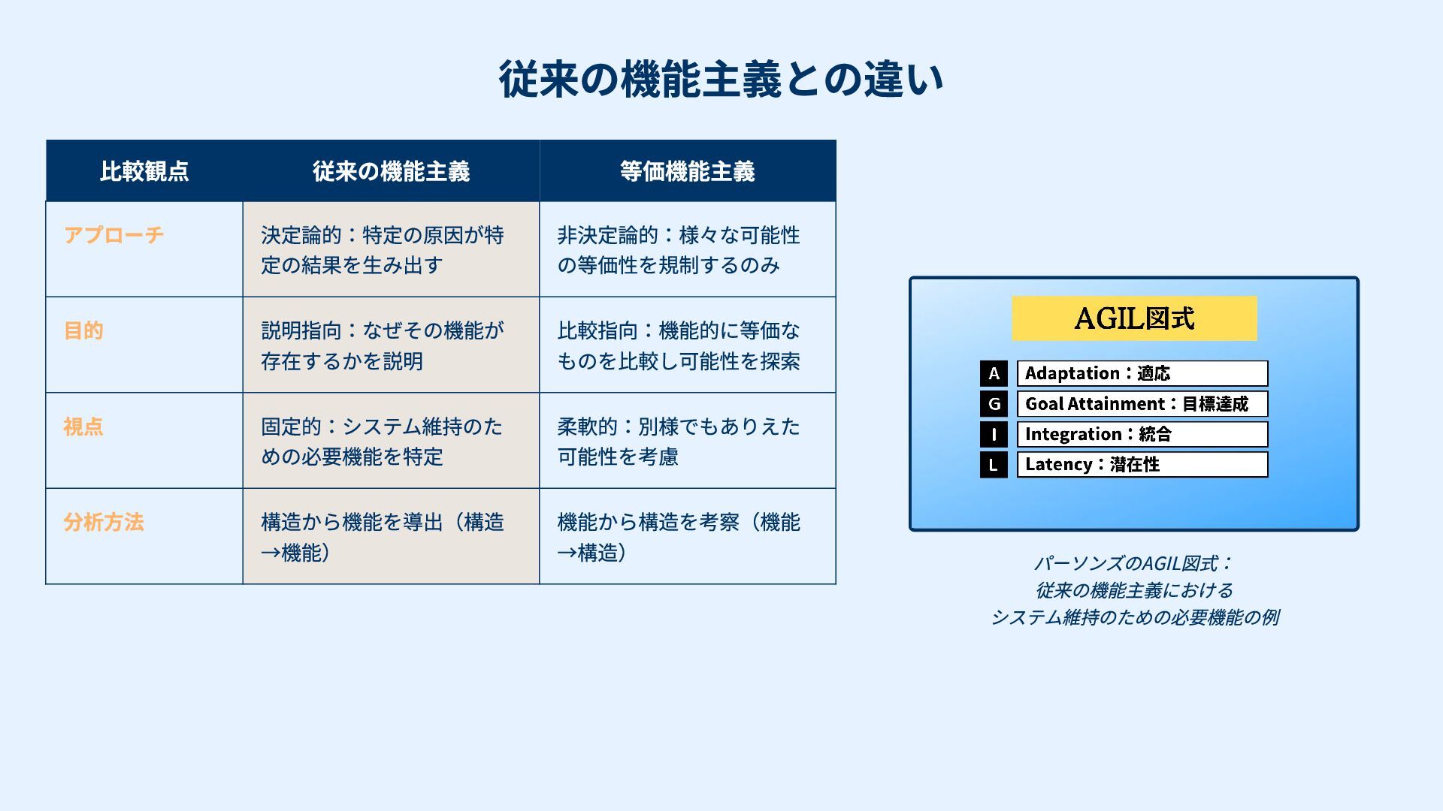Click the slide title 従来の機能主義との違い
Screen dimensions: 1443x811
(721, 80)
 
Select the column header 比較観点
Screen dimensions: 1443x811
(144, 171)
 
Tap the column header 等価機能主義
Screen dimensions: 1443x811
(687, 171)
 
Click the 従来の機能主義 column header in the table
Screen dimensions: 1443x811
(391, 171)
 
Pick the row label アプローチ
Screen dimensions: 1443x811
(113, 235)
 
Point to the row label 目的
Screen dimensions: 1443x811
(83, 330)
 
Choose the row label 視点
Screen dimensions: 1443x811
(83, 427)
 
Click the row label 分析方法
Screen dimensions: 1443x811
(104, 522)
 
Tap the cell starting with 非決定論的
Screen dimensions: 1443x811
(679, 250)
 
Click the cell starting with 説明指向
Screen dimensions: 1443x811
(383, 345)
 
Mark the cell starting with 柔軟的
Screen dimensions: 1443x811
(679, 442)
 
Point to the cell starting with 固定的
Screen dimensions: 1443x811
(383, 442)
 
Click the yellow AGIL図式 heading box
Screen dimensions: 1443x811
(1134, 318)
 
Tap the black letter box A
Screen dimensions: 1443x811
(994, 373)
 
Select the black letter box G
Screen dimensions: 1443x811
(994, 404)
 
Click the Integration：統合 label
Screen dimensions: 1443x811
(1142, 434)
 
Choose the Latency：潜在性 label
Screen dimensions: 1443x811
(1142, 464)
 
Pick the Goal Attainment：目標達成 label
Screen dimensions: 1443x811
(1142, 404)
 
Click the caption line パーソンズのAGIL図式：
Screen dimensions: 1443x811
(1134, 563)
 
